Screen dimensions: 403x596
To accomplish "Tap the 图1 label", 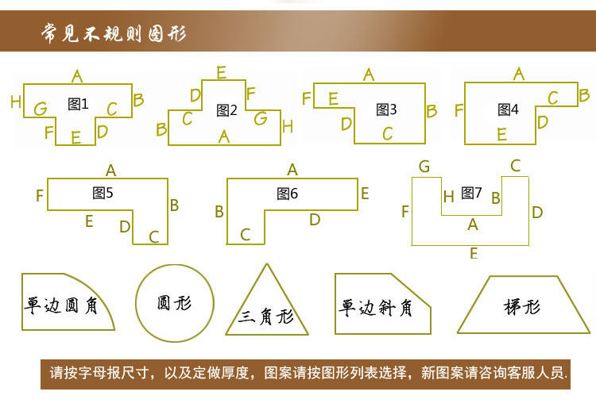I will coord(78,103).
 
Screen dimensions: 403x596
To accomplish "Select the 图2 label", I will coord(227,110).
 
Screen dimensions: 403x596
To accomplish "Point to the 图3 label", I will coord(386,109).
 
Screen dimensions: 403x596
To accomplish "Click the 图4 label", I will coord(508,109).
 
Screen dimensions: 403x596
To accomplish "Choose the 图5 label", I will coord(103,192).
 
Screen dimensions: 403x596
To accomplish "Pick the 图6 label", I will coord(288,193).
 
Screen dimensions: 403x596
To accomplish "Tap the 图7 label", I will coord(472,192).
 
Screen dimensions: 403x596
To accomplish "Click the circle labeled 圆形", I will coord(174,302).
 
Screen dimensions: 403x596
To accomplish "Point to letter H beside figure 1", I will coord(15,102).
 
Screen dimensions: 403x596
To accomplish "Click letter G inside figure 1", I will coord(40,109).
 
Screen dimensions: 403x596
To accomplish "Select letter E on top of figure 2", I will coord(221,73).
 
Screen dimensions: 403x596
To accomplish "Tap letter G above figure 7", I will coord(424,167).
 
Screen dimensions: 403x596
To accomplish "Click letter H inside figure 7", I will coord(449,197).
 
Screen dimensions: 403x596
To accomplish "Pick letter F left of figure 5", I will coord(39,195).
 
